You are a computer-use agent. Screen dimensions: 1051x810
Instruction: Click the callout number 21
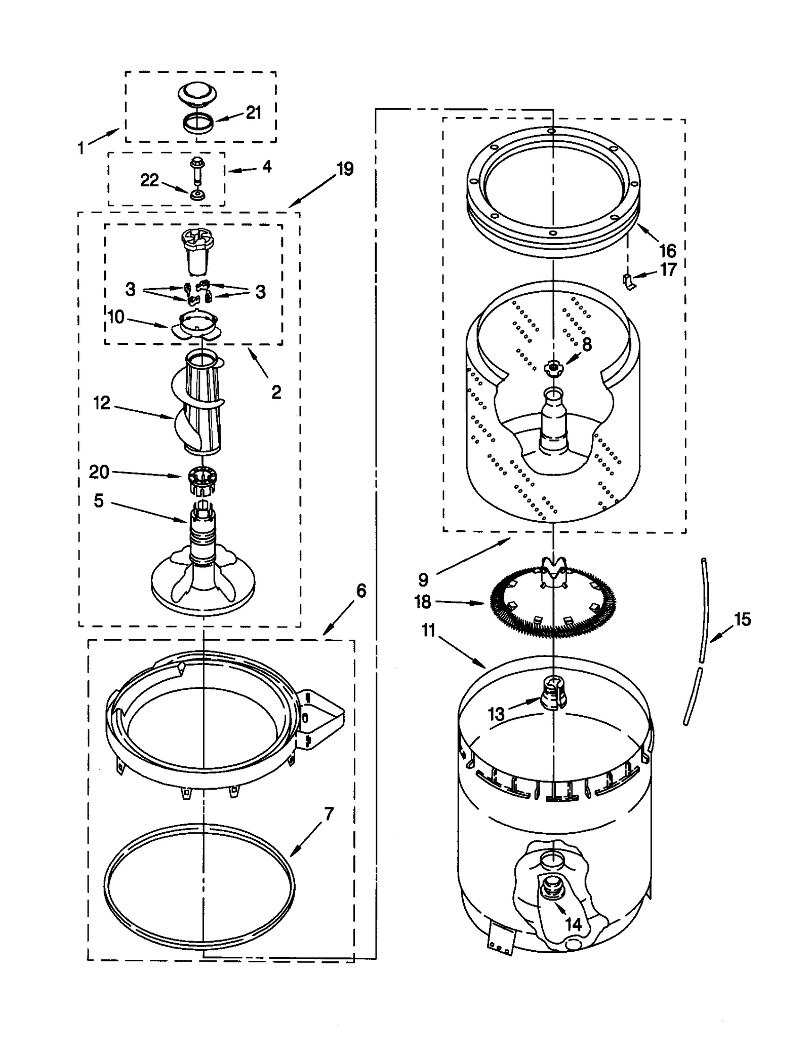pyautogui.click(x=253, y=112)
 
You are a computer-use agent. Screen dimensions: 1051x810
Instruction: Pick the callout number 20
pyautogui.click(x=99, y=472)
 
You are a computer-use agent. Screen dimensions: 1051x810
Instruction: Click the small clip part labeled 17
pyautogui.click(x=628, y=280)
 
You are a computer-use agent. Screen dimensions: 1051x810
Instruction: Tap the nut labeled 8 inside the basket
pyautogui.click(x=553, y=367)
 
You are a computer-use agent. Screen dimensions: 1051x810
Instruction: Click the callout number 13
pyautogui.click(x=496, y=714)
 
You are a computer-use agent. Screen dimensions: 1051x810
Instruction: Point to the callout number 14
pyautogui.click(x=573, y=924)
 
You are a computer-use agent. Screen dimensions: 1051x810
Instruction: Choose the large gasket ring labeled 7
pyautogui.click(x=199, y=889)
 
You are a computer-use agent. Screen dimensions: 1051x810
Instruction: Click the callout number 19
pyautogui.click(x=345, y=169)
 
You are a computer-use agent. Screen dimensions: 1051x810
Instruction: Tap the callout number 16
pyautogui.click(x=668, y=250)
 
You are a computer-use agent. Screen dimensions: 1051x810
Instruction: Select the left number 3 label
pyautogui.click(x=131, y=289)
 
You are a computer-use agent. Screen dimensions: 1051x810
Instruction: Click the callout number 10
pyautogui.click(x=116, y=317)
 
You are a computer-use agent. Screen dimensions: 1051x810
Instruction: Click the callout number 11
pyautogui.click(x=428, y=631)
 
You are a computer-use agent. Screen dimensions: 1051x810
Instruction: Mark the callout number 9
pyautogui.click(x=423, y=579)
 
